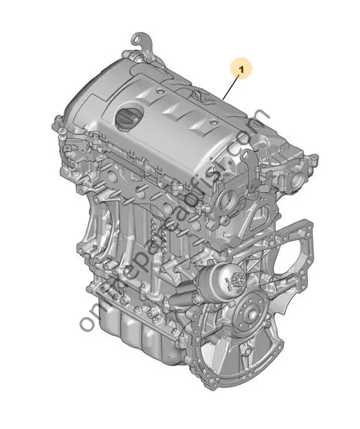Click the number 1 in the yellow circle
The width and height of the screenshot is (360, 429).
(x=241, y=68)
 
